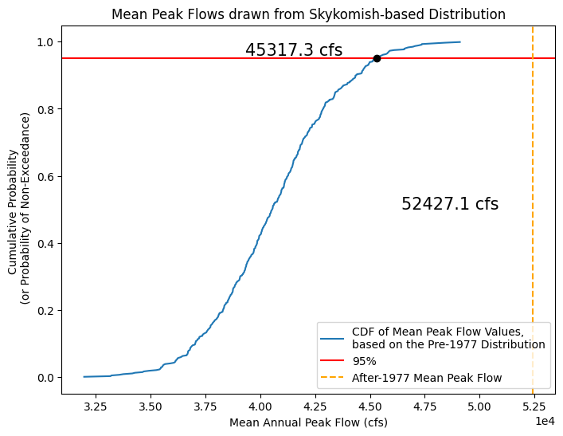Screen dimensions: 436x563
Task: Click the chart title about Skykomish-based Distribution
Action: [x=308, y=14]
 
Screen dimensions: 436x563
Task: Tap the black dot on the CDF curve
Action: [x=377, y=58]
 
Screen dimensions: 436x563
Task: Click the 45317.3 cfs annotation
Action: [x=294, y=50]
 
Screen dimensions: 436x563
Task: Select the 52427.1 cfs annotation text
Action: [x=450, y=204]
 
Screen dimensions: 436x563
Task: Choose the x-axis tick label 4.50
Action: [x=370, y=406]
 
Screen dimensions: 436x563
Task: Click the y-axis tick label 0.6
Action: [x=45, y=176]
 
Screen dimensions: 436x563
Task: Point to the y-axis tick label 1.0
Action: [x=45, y=41]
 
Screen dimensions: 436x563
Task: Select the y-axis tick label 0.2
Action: [x=45, y=310]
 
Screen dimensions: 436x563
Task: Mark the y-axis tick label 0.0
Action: [x=45, y=377]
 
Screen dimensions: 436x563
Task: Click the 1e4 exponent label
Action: [x=544, y=420]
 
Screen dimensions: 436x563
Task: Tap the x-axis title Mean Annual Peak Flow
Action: [x=308, y=422]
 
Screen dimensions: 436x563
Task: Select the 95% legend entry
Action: [x=364, y=361]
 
